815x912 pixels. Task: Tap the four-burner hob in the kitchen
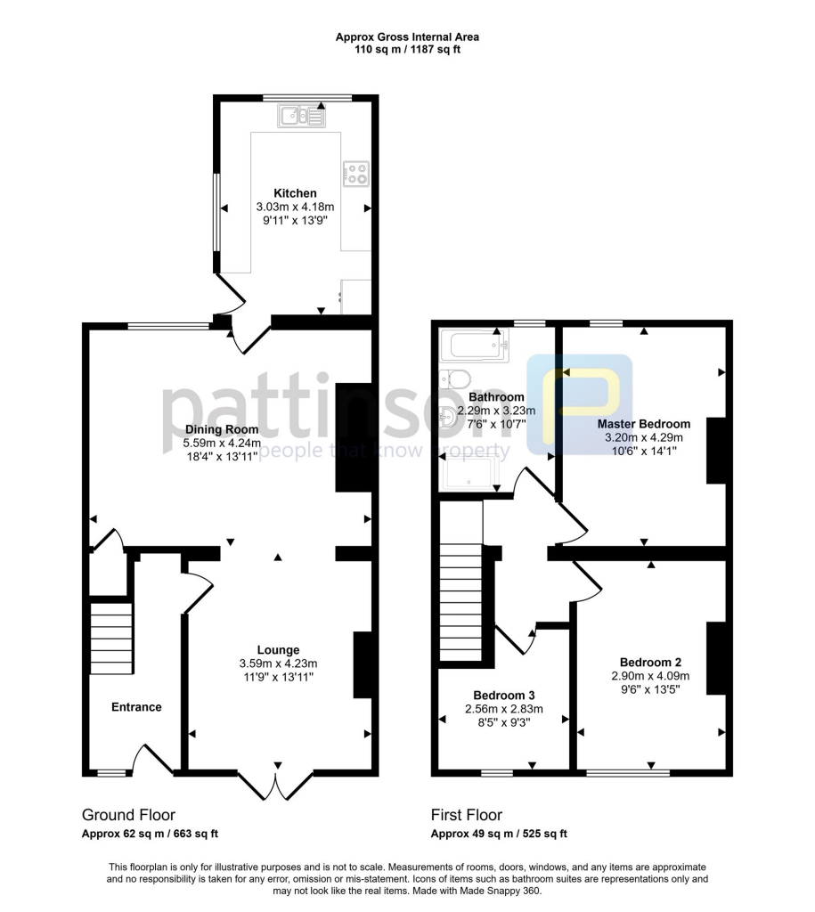click(x=356, y=174)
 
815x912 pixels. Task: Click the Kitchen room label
click(x=294, y=193)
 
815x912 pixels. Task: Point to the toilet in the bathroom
click(x=455, y=380)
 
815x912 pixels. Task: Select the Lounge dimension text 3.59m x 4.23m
click(x=278, y=664)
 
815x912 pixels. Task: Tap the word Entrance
click(x=136, y=707)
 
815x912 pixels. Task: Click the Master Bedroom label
click(x=643, y=424)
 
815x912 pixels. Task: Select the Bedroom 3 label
click(x=503, y=695)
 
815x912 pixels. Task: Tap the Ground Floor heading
click(x=128, y=815)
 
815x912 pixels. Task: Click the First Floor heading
click(x=467, y=815)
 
